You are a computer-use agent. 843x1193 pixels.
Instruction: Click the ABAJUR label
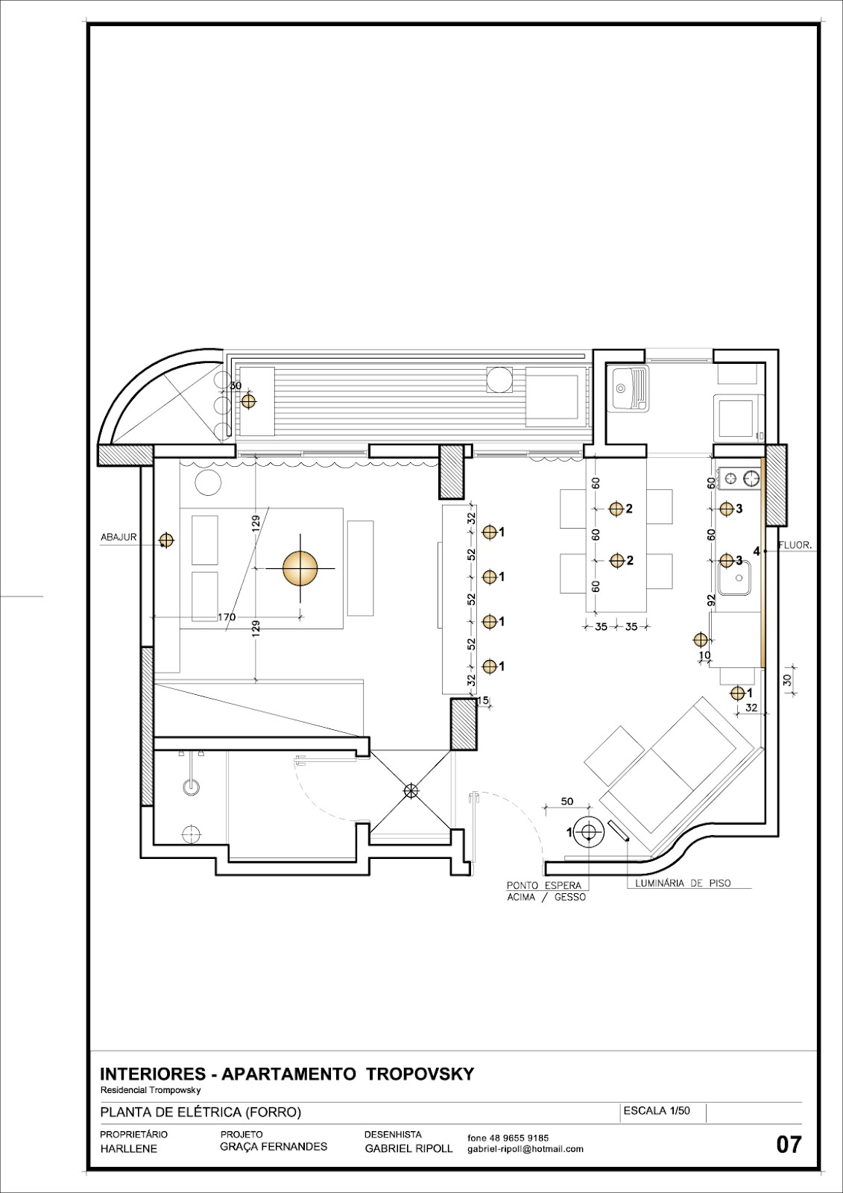coord(119,538)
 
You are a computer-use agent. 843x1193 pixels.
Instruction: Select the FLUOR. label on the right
coord(795,546)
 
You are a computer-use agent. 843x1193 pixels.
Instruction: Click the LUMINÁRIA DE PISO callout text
coord(683,884)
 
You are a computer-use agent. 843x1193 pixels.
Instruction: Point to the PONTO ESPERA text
coord(543,885)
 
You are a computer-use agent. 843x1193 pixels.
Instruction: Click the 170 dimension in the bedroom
coord(227,617)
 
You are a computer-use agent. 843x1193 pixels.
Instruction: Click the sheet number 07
coord(789,1144)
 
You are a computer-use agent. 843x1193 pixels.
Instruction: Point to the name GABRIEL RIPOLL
coord(408,1149)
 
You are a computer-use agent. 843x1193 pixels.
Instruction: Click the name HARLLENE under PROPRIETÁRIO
coord(129,1149)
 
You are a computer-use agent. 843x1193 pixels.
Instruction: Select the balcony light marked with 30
coord(247,401)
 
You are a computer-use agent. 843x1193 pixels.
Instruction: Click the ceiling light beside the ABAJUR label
coord(167,541)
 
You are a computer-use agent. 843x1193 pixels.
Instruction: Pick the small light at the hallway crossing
coord(411,791)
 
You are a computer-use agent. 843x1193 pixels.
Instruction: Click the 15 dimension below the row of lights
coord(482,701)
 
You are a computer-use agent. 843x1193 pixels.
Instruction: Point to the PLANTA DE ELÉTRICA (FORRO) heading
coord(201,1112)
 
